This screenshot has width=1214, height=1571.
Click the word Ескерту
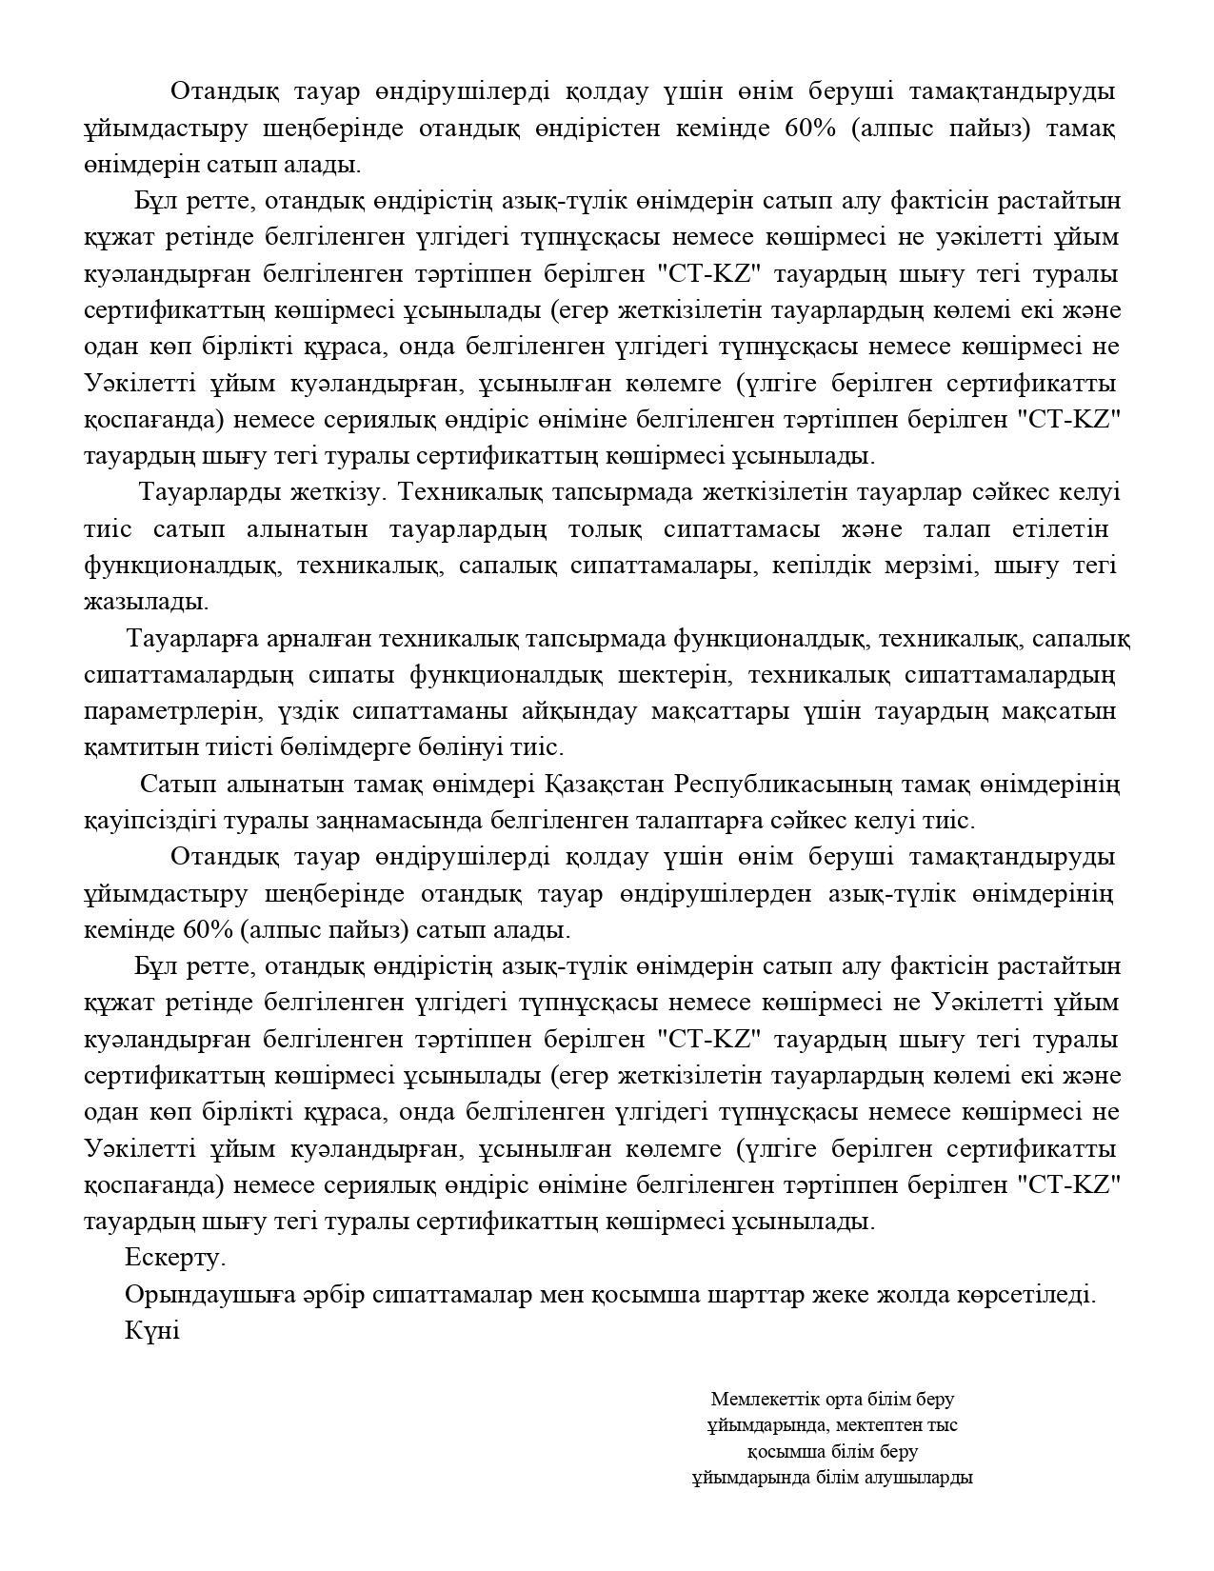point(175,1258)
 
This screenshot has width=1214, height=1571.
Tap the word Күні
point(152,1330)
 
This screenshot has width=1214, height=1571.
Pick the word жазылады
point(146,602)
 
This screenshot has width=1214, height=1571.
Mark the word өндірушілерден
point(715,894)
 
